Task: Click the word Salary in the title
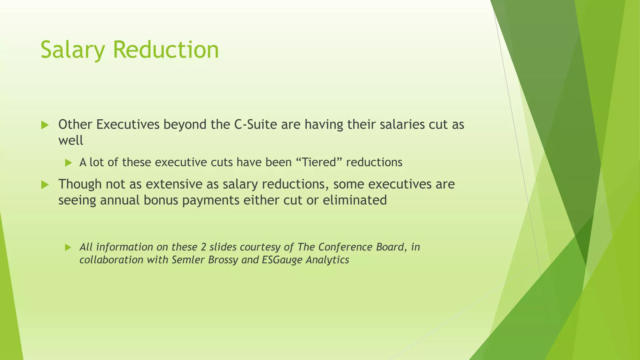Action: [x=74, y=50]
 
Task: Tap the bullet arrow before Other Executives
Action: [x=45, y=125]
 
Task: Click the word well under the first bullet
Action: [x=71, y=141]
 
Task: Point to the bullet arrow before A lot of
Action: [x=68, y=163]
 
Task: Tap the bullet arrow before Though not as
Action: [x=45, y=185]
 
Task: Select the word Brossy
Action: [x=223, y=260]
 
